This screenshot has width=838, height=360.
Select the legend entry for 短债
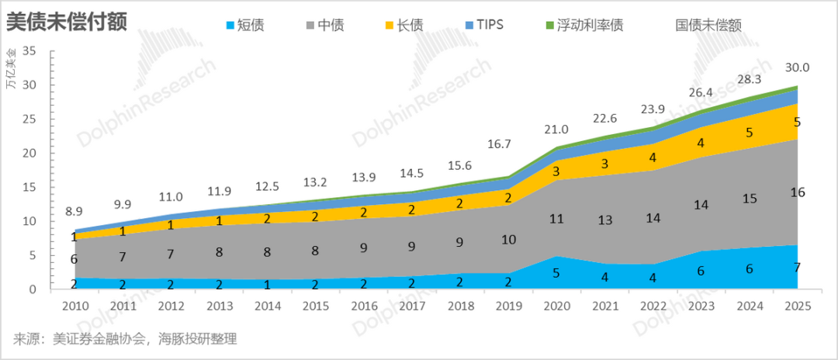point(244,25)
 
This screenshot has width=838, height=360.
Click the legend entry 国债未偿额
point(708,25)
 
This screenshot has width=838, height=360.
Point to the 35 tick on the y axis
point(31,51)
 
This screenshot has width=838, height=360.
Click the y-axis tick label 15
point(31,187)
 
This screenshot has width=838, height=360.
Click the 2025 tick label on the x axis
point(797,306)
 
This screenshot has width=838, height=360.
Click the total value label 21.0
point(556,129)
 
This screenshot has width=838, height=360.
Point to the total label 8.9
point(74,211)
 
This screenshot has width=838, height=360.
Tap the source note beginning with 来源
point(124,339)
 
